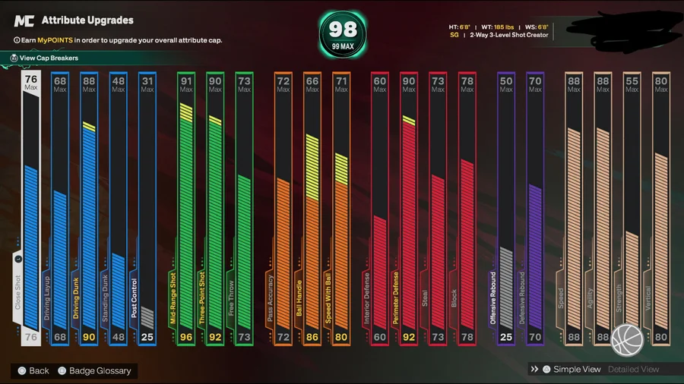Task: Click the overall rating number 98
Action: [x=342, y=29]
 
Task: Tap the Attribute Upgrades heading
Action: [x=87, y=20]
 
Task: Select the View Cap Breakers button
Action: [x=49, y=58]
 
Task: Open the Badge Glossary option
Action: [x=100, y=370]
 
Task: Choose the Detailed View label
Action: [x=633, y=369]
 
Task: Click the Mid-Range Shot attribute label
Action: [x=173, y=298]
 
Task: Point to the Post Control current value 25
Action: [x=147, y=337]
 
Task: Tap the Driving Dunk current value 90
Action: [x=90, y=337]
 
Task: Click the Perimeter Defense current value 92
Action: [x=409, y=337]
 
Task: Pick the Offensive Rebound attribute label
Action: [x=492, y=298]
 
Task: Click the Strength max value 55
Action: [x=632, y=80]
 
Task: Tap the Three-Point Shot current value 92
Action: [x=215, y=337]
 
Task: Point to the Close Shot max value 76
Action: [x=31, y=79]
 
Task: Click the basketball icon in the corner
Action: [x=627, y=339]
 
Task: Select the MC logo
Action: [x=24, y=21]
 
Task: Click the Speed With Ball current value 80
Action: [x=341, y=337]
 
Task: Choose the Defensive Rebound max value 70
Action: [x=535, y=80]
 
